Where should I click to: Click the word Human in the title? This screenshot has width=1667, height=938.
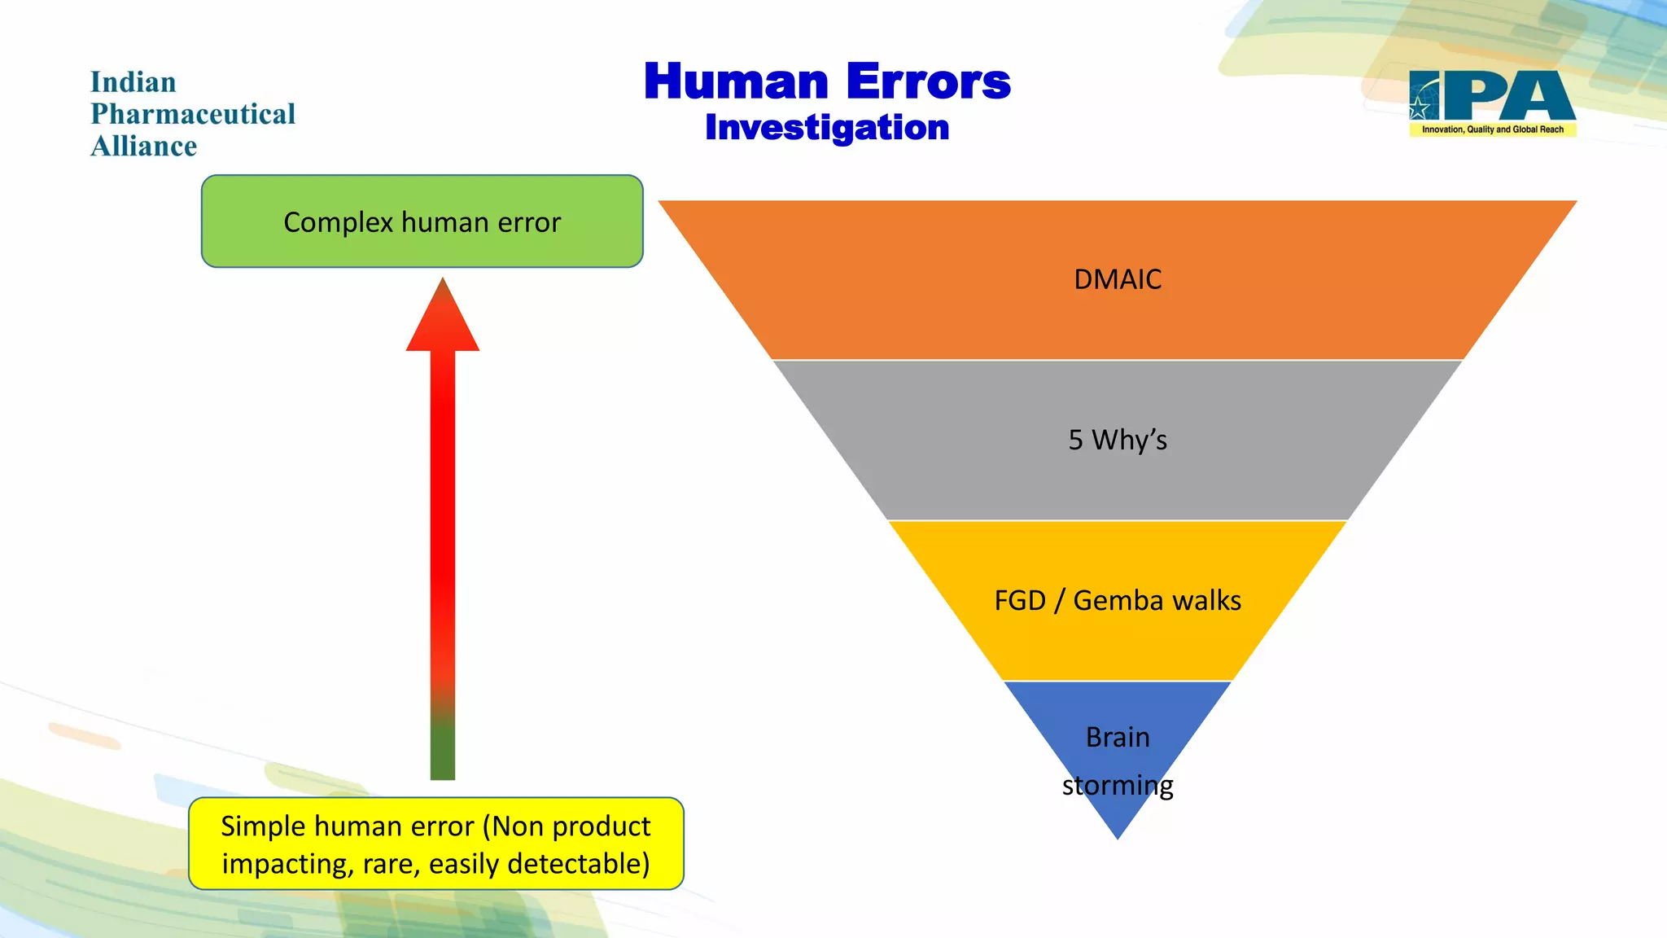click(736, 82)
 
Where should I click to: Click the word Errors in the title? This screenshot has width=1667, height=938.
click(928, 82)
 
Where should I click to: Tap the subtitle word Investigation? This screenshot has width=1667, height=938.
click(827, 128)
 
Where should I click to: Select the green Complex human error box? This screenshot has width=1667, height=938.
click(422, 221)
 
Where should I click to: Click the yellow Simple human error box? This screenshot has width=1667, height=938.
click(435, 844)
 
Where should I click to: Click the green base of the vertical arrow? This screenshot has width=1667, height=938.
click(443, 749)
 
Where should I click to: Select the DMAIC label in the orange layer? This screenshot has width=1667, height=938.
click(1118, 279)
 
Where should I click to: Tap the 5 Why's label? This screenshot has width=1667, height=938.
click(1118, 440)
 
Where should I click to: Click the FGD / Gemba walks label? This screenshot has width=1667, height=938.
click(1118, 600)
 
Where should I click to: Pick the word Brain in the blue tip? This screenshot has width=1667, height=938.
click(1118, 737)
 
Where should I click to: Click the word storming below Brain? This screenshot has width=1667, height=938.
click(1118, 786)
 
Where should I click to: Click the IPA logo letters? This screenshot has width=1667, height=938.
click(1506, 96)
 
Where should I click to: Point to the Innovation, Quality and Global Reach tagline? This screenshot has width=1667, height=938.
click(1492, 129)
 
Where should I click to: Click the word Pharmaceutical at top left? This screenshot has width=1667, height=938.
click(193, 114)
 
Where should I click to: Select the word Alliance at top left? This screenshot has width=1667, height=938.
click(144, 147)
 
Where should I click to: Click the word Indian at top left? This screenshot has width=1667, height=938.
click(133, 82)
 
